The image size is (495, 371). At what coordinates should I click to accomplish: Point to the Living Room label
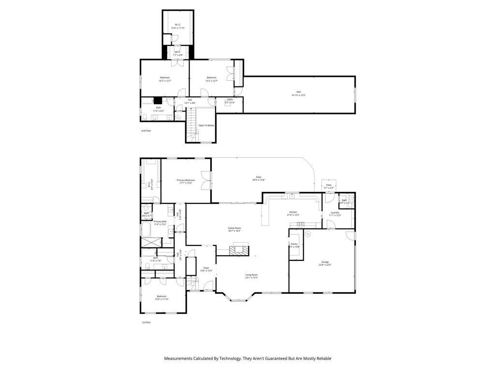251,276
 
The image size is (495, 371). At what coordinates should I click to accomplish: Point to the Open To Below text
206,126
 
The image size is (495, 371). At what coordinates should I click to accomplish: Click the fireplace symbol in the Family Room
240,250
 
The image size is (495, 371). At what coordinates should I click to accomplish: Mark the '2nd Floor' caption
146,131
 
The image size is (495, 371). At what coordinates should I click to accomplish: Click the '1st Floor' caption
146,322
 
